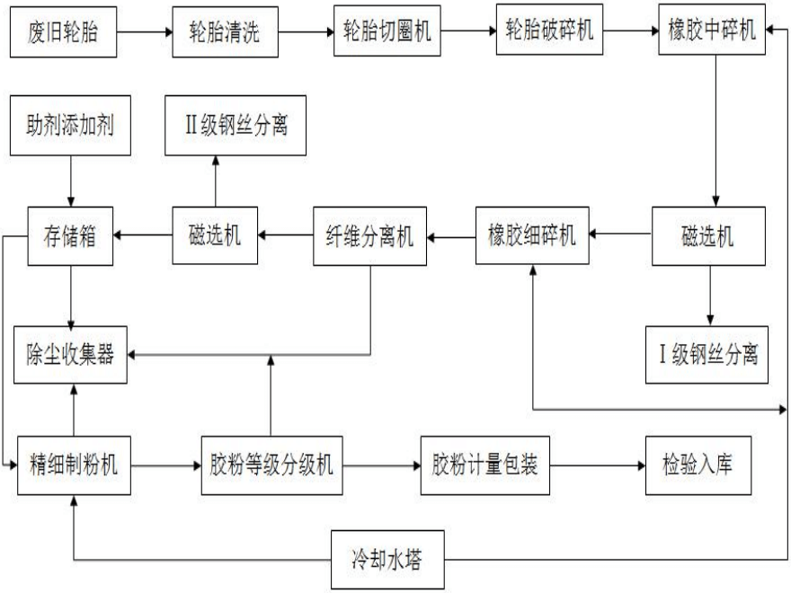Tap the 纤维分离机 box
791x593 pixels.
(x=369, y=237)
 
